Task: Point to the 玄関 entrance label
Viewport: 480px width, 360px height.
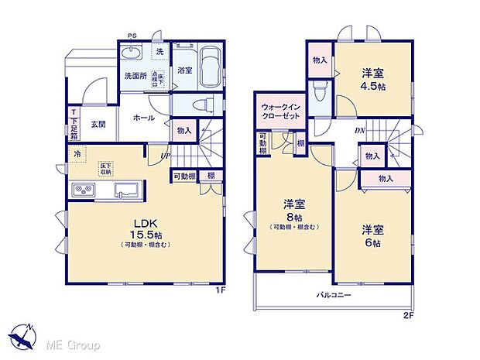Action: (98, 125)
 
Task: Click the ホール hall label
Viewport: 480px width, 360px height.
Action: (144, 118)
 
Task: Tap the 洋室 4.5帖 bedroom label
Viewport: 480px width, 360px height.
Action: (375, 80)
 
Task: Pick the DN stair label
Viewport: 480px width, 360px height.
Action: (360, 130)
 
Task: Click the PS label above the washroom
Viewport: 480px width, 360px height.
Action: (132, 36)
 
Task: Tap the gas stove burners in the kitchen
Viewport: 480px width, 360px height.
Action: (84, 190)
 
